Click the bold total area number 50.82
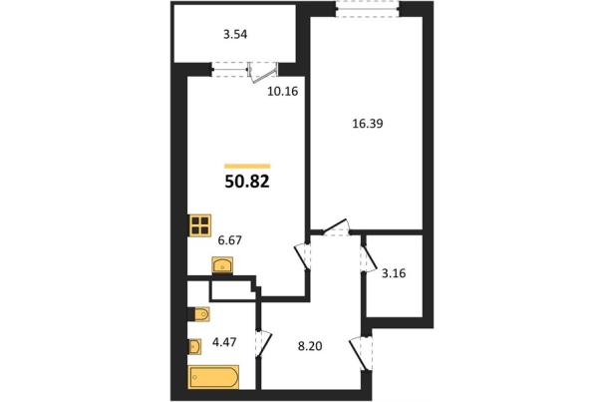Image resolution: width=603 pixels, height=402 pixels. (x=247, y=182)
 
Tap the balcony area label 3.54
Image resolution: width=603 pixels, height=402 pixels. (x=235, y=35)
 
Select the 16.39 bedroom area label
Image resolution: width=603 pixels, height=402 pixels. (x=368, y=124)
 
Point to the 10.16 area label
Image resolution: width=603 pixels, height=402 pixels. (x=283, y=92)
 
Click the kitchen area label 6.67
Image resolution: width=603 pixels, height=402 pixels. (x=229, y=240)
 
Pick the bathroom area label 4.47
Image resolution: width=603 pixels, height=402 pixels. (x=224, y=342)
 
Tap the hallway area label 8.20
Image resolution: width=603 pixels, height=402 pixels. (x=310, y=346)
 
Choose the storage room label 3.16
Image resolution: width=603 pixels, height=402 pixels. (x=394, y=273)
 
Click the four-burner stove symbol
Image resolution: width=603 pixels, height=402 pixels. (x=200, y=224)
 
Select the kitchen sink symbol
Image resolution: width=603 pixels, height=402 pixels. (x=222, y=265)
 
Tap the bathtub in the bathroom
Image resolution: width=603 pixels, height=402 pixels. (x=214, y=377)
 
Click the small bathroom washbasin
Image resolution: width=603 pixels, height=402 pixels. (x=194, y=346)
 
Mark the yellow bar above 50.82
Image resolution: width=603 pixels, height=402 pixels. (x=247, y=167)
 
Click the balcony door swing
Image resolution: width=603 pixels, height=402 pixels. (x=263, y=73)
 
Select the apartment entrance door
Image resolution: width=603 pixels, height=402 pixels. (x=362, y=353)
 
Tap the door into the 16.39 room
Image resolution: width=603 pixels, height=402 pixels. (x=335, y=226)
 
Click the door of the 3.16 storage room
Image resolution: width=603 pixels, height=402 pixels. (x=369, y=256)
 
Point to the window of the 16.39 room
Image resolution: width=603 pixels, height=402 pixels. (x=367, y=9)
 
